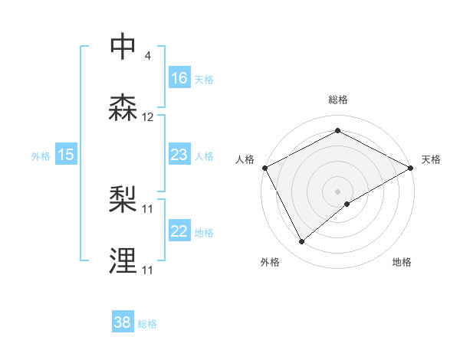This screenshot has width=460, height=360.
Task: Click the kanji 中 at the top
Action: (x=124, y=47)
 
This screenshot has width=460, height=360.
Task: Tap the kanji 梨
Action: (x=124, y=201)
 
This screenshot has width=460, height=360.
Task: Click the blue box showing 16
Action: (x=179, y=78)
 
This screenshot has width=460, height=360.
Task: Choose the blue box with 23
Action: (x=179, y=155)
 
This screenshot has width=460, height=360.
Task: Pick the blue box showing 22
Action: (x=179, y=231)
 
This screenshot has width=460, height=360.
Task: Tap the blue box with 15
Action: (x=66, y=155)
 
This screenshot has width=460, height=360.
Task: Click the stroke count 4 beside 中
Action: (x=147, y=55)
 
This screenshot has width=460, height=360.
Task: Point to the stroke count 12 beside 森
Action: (x=148, y=117)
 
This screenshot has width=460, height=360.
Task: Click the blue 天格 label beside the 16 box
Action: (x=204, y=79)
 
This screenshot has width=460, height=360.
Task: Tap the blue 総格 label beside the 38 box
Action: (x=147, y=324)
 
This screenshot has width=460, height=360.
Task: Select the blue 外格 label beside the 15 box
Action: (x=41, y=155)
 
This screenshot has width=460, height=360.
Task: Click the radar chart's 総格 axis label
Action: (x=338, y=100)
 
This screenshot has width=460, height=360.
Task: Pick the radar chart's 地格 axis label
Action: (x=402, y=263)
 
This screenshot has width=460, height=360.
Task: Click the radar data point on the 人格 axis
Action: (x=264, y=167)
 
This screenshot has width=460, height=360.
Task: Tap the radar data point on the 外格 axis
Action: (x=302, y=241)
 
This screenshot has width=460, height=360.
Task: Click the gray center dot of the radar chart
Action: (x=338, y=191)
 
